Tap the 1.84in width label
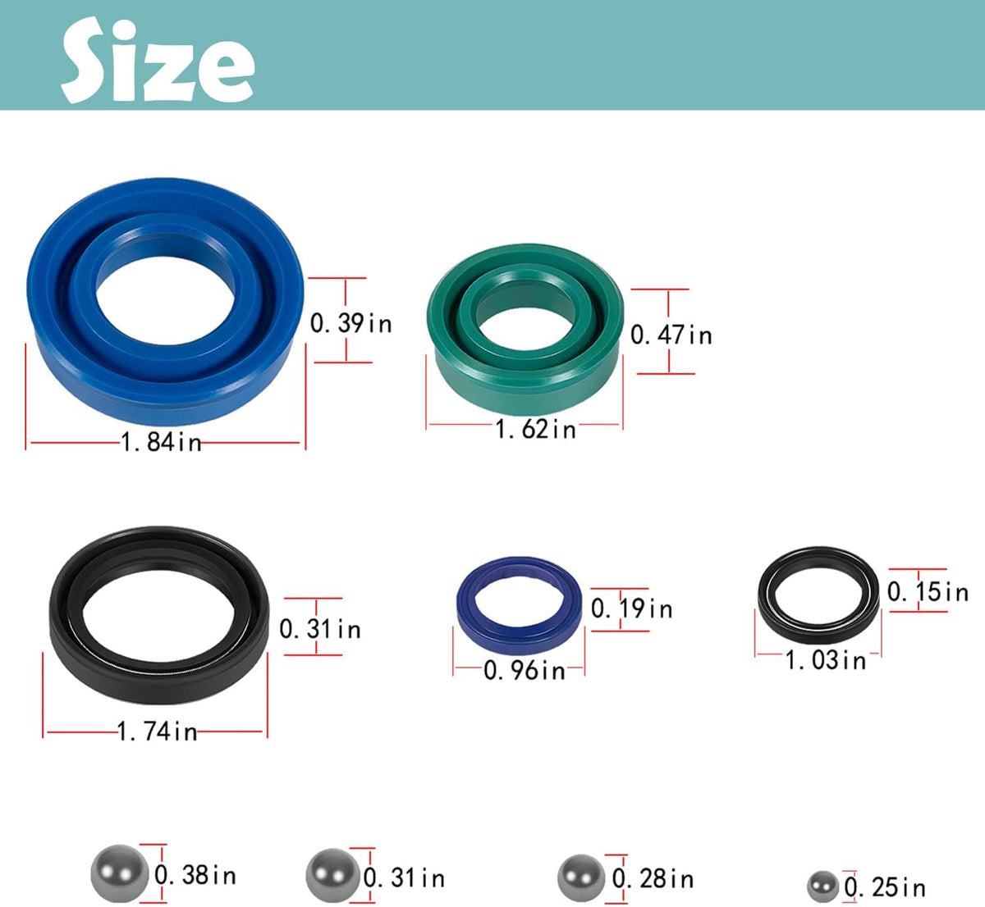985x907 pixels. (162, 442)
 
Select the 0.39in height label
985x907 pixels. (351, 323)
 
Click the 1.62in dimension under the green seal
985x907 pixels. (535, 429)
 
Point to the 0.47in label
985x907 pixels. (671, 335)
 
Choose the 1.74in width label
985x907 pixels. (158, 732)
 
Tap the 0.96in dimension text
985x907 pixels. (525, 670)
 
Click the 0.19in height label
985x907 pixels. (632, 608)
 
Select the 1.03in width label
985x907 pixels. (826, 659)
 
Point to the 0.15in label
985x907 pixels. (928, 591)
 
